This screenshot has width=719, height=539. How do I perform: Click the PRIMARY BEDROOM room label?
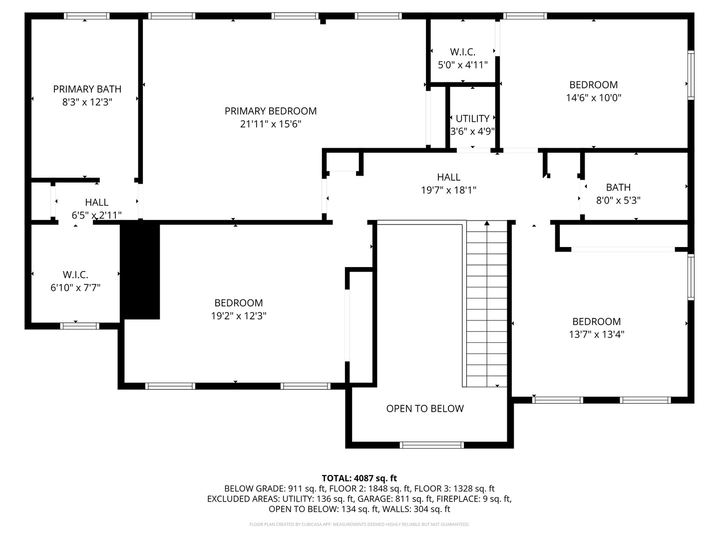point(271,111)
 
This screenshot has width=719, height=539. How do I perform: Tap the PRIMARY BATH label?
point(87,89)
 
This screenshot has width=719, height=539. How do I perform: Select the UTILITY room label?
point(472,118)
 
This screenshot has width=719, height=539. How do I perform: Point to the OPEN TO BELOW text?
point(425,408)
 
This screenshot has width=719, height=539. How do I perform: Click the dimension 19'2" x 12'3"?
point(239,316)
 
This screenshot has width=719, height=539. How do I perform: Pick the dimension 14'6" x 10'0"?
point(594,97)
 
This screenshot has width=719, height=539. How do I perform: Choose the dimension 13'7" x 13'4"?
point(597,334)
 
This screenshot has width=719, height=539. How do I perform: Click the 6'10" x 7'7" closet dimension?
point(75,287)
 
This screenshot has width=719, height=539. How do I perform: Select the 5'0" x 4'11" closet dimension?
point(463,65)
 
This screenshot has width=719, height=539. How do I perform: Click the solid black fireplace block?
point(140,269)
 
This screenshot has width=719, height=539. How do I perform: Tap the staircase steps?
point(487,304)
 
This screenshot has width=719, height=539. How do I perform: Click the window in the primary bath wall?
point(86,15)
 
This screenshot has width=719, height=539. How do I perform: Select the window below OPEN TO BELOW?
point(432,445)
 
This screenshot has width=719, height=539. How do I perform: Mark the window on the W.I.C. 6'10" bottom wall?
point(79,326)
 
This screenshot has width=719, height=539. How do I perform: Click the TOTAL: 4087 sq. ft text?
point(359,479)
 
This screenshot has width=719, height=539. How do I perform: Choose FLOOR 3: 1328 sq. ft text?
point(454,489)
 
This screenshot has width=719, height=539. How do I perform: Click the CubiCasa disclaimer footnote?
point(359,524)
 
